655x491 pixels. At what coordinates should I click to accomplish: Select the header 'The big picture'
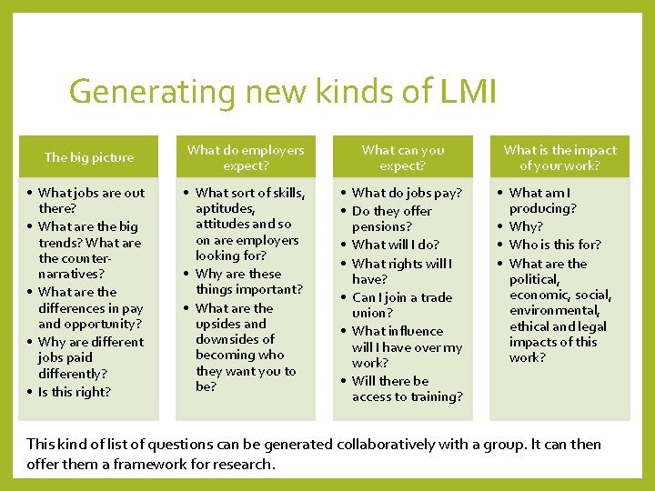[x=89, y=157]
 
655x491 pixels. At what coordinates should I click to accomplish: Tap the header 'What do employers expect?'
[x=246, y=157]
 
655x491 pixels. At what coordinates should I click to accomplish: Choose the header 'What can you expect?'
[x=403, y=157]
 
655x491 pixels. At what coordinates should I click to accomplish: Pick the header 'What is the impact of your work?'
[x=559, y=157]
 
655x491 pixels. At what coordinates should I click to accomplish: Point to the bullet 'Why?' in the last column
[x=525, y=225]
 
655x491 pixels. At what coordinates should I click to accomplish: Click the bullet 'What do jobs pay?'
[x=407, y=193]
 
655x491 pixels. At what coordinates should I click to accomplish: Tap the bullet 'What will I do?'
[x=395, y=244]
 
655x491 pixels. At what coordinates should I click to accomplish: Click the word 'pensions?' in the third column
[x=382, y=226]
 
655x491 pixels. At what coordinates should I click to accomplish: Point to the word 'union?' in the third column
[x=370, y=313]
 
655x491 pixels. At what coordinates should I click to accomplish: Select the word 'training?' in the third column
[x=432, y=396]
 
